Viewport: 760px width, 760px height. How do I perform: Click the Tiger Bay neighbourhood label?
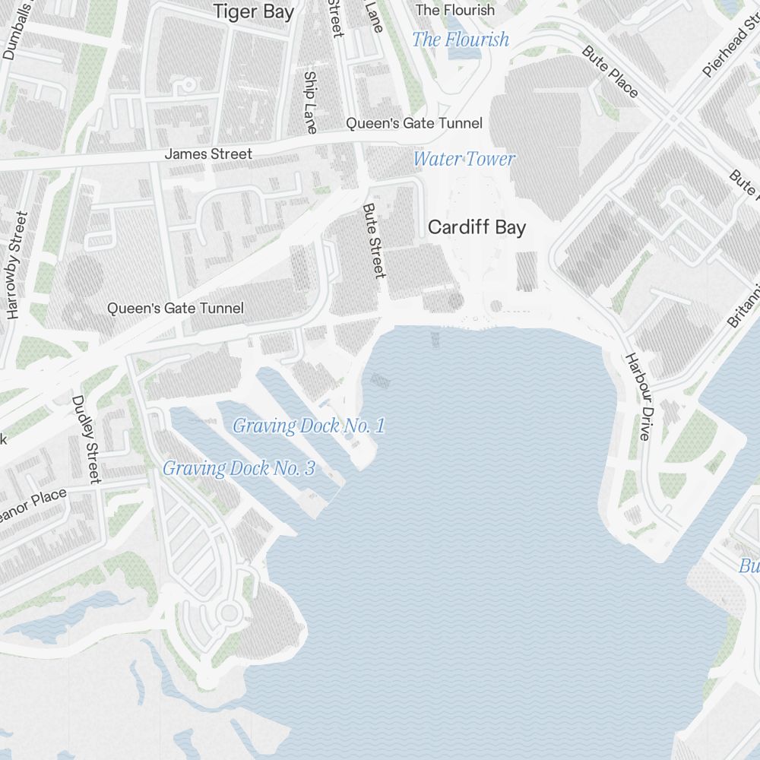253,12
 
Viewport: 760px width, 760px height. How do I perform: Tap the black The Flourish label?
454,10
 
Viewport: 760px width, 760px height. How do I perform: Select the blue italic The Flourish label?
461,40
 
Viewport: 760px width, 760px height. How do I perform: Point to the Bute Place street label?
610,71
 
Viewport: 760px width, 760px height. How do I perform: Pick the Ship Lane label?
310,102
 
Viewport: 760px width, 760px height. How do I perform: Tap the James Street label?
208,154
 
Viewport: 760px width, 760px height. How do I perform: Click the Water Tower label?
464,159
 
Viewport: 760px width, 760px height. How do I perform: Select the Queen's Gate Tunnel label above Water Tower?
414,123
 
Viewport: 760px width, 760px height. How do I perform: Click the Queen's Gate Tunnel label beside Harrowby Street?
176,309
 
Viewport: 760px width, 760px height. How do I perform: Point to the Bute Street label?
374,240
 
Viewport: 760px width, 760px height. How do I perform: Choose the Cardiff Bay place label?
477,227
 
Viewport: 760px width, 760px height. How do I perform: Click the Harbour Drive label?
638,397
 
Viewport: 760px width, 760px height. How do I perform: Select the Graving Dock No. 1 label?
309,426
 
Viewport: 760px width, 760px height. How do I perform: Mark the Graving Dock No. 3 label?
239,468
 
